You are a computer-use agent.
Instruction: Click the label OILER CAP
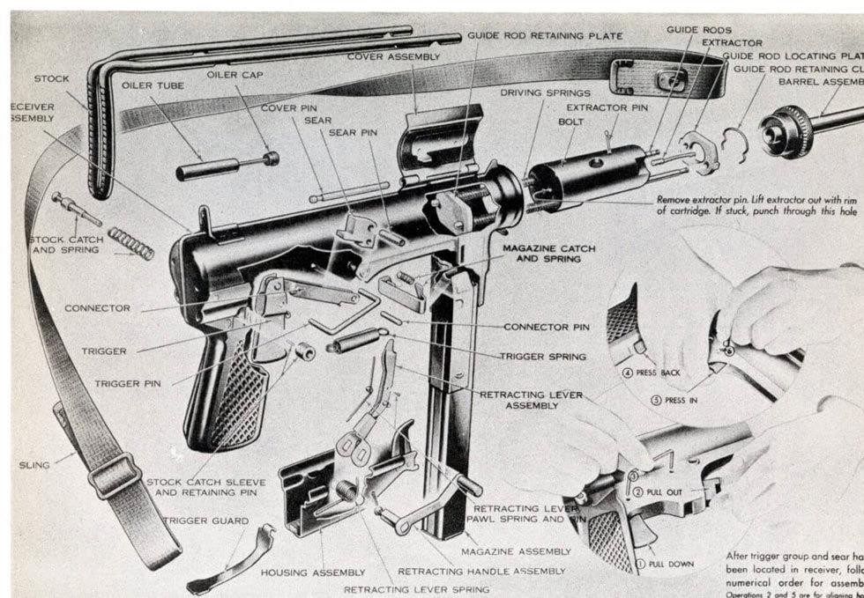pyautogui.click(x=235, y=75)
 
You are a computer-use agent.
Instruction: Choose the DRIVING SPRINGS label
pyautogui.click(x=545, y=92)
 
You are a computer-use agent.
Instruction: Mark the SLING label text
pyautogui.click(x=36, y=464)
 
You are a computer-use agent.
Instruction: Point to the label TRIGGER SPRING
pyautogui.click(x=542, y=357)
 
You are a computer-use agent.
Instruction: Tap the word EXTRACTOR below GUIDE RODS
pyautogui.click(x=732, y=42)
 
